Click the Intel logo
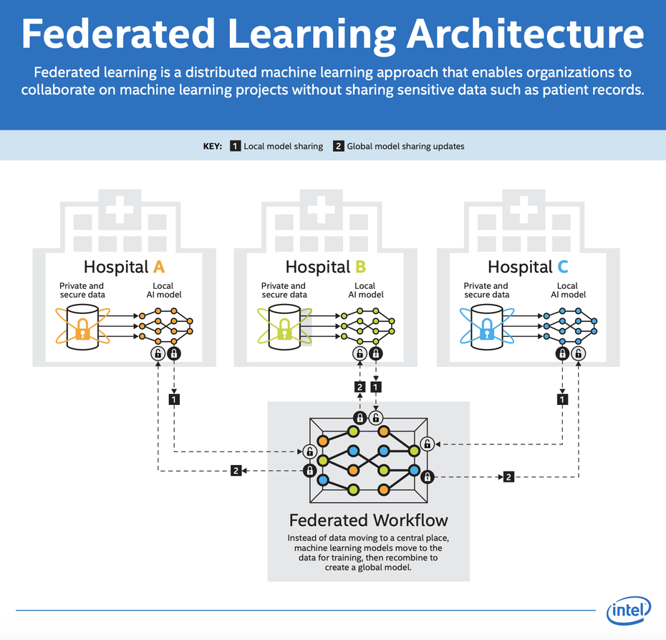[x=629, y=610]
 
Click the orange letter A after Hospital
[x=159, y=267]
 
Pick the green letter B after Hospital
[x=361, y=267]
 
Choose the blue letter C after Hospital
[x=563, y=267]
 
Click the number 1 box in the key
[x=236, y=146]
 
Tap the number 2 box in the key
[x=339, y=146]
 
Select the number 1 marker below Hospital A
[x=174, y=399]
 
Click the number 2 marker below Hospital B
[x=359, y=387]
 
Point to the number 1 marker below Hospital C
[x=562, y=399]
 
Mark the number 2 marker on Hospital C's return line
[x=508, y=477]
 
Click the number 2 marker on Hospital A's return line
[x=236, y=470]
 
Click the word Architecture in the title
[x=526, y=34]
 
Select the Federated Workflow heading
[x=369, y=520]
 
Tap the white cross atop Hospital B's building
[x=321, y=209]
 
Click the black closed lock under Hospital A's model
[x=174, y=353]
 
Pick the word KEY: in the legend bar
[x=213, y=146]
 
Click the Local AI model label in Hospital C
[x=569, y=290]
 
